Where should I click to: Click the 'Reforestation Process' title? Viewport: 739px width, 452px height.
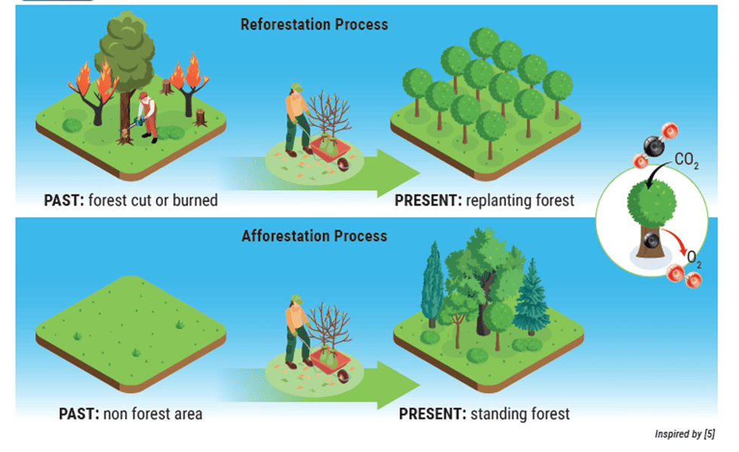[x=314, y=24]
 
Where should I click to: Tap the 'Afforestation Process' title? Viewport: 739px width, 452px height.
[x=314, y=236]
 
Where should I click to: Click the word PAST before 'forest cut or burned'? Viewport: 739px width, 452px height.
[x=63, y=200]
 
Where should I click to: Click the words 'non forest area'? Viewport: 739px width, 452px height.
[x=152, y=414]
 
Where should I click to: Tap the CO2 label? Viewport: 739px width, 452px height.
[x=686, y=160]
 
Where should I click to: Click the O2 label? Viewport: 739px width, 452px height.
[x=694, y=258]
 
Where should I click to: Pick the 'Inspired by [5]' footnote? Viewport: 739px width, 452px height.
[x=685, y=434]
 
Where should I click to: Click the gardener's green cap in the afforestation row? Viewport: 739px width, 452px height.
[x=296, y=300]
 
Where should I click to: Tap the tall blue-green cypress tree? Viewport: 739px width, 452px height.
[x=432, y=284]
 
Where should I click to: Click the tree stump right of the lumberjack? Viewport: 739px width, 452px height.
[x=201, y=118]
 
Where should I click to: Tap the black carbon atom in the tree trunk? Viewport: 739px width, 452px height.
[x=652, y=241]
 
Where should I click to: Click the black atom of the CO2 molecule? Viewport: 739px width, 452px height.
[x=655, y=146]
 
